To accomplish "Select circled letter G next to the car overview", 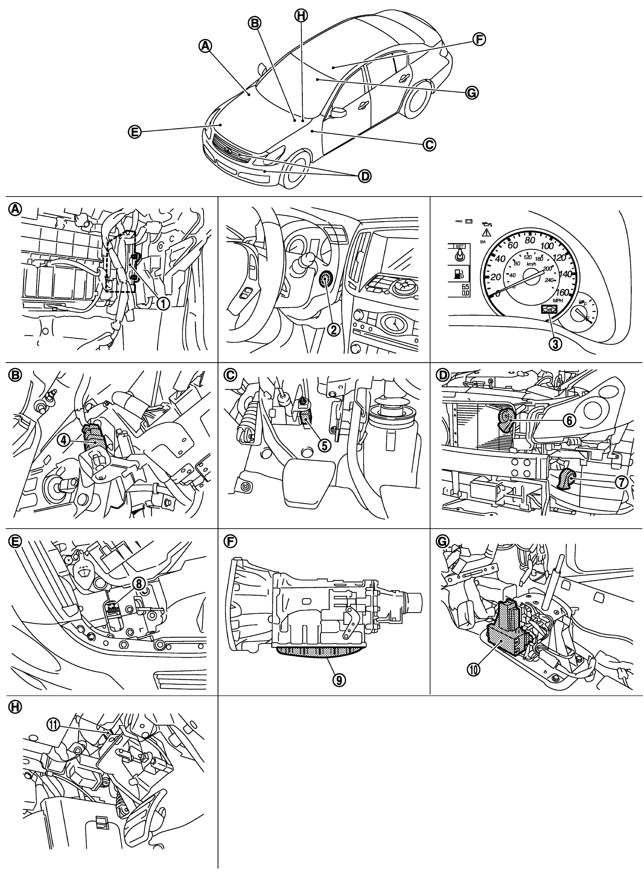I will coord(472,93).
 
